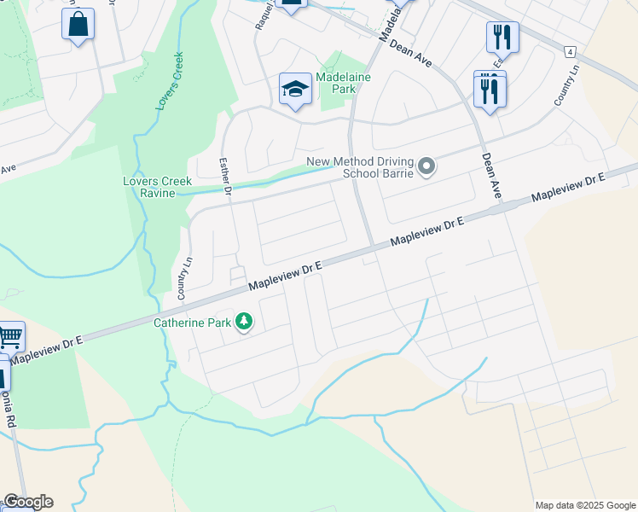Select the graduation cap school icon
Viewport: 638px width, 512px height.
(295, 89)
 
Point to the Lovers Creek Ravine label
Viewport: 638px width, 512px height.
(158, 187)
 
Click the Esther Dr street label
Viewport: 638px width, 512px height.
(226, 177)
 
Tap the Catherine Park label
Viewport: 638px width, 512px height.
(192, 323)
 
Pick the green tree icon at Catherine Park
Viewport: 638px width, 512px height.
(245, 322)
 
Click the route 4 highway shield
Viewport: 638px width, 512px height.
(569, 52)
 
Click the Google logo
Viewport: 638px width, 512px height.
(27, 502)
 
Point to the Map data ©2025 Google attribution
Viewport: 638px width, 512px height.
(585, 505)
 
